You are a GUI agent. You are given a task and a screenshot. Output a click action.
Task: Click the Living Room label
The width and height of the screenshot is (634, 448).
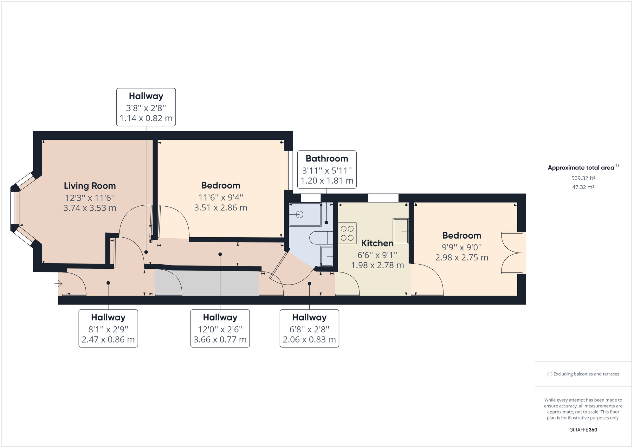coord(90,186)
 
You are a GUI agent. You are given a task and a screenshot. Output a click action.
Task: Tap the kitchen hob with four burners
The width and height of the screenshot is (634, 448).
coord(347,233)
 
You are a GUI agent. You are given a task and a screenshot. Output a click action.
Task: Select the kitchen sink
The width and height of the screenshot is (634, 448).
coord(401,231)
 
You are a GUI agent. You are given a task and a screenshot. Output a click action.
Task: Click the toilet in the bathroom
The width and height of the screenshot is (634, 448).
coord(321,238)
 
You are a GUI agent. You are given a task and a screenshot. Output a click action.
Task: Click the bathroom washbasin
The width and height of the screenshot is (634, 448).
coord(327,256)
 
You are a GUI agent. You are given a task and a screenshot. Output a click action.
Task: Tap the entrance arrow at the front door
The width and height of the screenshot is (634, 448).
coord(58,284)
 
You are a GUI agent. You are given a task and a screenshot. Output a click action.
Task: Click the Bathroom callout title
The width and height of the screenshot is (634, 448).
coord(327,158)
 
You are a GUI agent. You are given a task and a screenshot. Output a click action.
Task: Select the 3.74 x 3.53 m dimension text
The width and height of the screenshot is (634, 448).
coord(90,208)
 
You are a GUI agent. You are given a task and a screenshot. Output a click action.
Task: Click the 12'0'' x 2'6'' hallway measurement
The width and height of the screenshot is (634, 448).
coord(220,330)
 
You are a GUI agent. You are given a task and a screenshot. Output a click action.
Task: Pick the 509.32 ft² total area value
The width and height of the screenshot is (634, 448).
coord(583,178)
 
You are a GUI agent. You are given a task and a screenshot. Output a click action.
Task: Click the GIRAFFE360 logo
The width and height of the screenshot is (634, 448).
coord(583,430)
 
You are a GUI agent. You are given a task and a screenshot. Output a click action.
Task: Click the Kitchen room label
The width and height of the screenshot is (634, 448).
coord(377,243)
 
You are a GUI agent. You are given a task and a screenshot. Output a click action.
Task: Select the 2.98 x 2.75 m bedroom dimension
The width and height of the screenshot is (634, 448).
coord(462,258)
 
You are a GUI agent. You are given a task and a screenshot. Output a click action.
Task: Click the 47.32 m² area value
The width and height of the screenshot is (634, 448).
coord(583,187)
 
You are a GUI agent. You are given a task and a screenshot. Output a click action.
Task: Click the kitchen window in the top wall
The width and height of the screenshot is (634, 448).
coord(383,198)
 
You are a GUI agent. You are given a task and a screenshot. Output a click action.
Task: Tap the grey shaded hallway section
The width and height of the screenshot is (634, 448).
coord(207,283)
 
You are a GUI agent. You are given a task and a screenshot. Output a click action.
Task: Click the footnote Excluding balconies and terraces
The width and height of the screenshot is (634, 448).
coord(583,374)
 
